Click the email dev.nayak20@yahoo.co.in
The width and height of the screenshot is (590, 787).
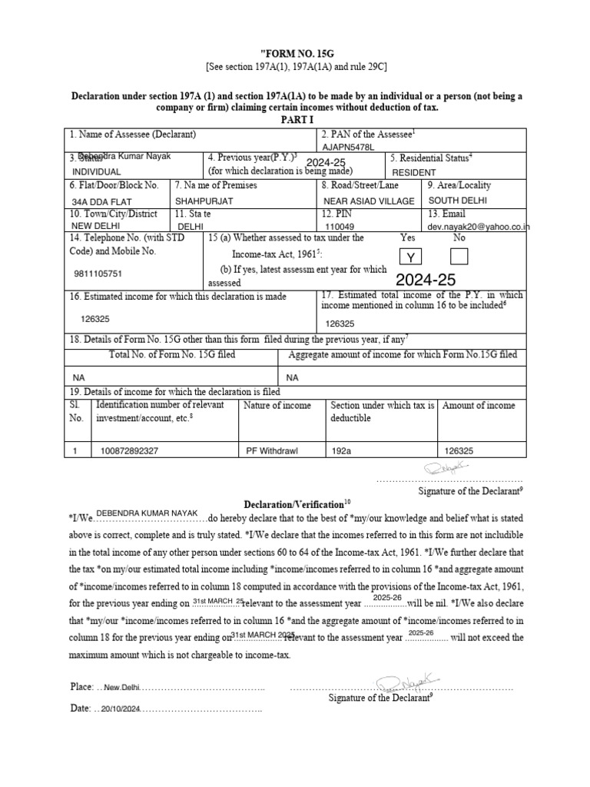pos(479,227)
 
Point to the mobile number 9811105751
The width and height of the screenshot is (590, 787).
pos(97,273)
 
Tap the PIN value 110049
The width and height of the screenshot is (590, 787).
pos(341,227)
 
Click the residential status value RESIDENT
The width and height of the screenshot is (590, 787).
pos(413,173)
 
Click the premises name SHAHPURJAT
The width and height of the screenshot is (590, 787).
pos(204,201)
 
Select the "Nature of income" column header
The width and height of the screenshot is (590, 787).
pos(277,405)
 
